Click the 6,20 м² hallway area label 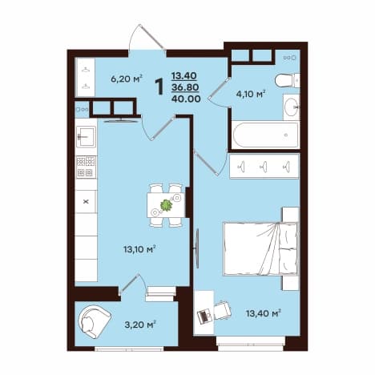pos(127,79)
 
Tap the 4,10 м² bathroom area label pos(251,94)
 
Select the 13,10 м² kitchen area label pos(139,249)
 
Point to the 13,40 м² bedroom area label pos(264,313)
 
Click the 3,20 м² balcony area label pos(140,325)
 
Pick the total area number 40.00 pos(186,99)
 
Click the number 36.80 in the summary pos(185,87)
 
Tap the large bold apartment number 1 pos(159,87)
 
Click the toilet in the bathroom pos(287,81)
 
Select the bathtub pos(264,135)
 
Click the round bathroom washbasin pos(291,107)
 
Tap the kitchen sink pos(86,136)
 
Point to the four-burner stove pos(86,167)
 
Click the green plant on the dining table pos(167,205)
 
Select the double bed pos(260,249)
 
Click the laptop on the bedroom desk pos(205,317)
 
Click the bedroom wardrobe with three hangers pos(264,166)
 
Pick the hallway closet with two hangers pos(86,78)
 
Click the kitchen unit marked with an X pos(86,202)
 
